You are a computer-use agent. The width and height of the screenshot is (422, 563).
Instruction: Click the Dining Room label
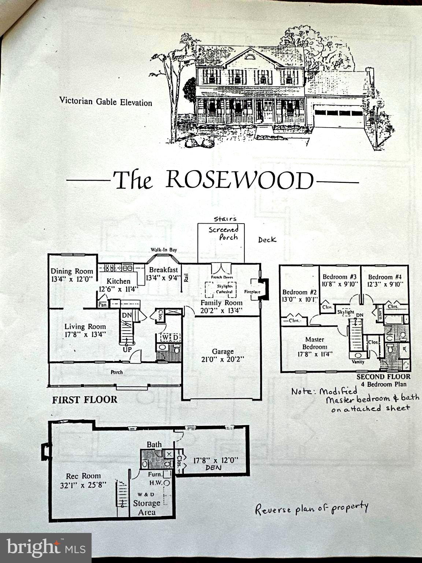pyautogui.click(x=72, y=271)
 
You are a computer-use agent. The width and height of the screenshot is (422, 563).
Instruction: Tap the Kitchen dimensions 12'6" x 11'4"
pyautogui.click(x=119, y=289)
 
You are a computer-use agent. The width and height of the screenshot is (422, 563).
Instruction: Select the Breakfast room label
pyautogui.click(x=163, y=270)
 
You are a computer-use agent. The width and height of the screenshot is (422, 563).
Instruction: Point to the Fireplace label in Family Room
pyautogui.click(x=252, y=292)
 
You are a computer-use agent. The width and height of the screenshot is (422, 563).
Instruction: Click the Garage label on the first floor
pyautogui.click(x=222, y=352)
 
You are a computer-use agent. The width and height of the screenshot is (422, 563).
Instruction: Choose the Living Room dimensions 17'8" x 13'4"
pyautogui.click(x=85, y=334)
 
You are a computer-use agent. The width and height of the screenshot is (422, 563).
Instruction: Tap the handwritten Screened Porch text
pyautogui.click(x=224, y=233)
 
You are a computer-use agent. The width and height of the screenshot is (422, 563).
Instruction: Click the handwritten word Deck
pyautogui.click(x=267, y=240)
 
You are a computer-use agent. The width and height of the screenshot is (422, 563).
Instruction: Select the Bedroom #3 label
pyautogui.click(x=339, y=277)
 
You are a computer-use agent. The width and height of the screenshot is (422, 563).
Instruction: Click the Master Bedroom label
pyautogui.click(x=315, y=343)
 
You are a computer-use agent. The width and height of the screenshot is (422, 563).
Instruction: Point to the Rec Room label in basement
pyautogui.click(x=83, y=476)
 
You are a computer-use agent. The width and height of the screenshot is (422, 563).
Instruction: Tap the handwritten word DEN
pyautogui.click(x=214, y=468)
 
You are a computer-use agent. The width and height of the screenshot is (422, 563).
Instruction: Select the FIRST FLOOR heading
pyautogui.click(x=85, y=400)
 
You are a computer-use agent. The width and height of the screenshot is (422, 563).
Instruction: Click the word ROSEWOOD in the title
pyautogui.click(x=240, y=180)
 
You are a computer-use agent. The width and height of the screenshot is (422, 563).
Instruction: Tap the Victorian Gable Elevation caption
pyautogui.click(x=105, y=102)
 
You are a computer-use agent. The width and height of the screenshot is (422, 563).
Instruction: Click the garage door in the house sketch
pyautogui.click(x=338, y=117)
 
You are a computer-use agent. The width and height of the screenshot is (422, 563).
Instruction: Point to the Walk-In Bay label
pyautogui.click(x=164, y=250)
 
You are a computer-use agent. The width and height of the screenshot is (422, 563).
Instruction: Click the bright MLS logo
pyautogui.click(x=46, y=548)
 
